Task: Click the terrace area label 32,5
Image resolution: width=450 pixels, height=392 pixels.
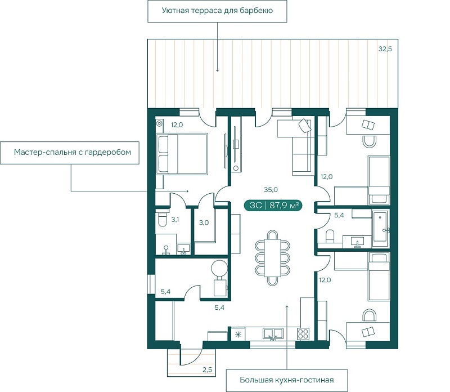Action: pos(385,49)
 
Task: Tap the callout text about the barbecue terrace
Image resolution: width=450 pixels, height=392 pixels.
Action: pos(217,11)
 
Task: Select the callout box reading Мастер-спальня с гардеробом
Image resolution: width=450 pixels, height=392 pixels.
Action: pos(70,153)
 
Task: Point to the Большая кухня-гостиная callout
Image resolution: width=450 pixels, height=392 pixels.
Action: pos(287,380)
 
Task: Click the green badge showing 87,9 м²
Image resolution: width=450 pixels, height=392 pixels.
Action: pos(273,206)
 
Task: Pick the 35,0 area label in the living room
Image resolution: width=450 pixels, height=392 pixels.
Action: pos(271,190)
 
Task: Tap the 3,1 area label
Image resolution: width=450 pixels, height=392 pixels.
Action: pos(175,220)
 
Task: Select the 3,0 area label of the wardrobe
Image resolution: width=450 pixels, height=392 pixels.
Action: pos(204,222)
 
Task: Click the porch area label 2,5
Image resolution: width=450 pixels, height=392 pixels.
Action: pos(207,369)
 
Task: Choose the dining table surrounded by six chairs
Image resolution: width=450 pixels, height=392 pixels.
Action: pos(272,258)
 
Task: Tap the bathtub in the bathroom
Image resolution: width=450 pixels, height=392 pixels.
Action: pos(381,229)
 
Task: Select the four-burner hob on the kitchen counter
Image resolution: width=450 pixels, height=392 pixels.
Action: pos(303,333)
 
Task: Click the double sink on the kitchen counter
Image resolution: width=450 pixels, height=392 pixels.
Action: pos(273,333)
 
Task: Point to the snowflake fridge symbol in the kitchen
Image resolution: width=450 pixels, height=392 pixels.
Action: pos(238,334)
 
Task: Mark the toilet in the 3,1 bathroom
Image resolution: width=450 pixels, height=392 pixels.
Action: pos(162,219)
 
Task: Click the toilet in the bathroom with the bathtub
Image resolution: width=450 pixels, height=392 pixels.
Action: pos(330,236)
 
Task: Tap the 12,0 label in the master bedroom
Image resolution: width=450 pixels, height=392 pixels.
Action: pos(177,125)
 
